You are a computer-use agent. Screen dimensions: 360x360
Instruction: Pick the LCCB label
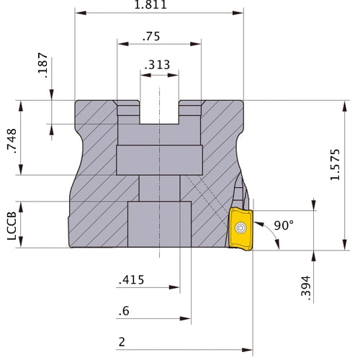[10, 225]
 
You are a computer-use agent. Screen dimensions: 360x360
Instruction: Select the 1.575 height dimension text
[348, 176]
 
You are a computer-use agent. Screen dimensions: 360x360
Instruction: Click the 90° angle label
[284, 226]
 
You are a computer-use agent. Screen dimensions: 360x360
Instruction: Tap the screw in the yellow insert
[240, 228]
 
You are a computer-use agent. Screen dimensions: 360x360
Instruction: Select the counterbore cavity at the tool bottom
[160, 225]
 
